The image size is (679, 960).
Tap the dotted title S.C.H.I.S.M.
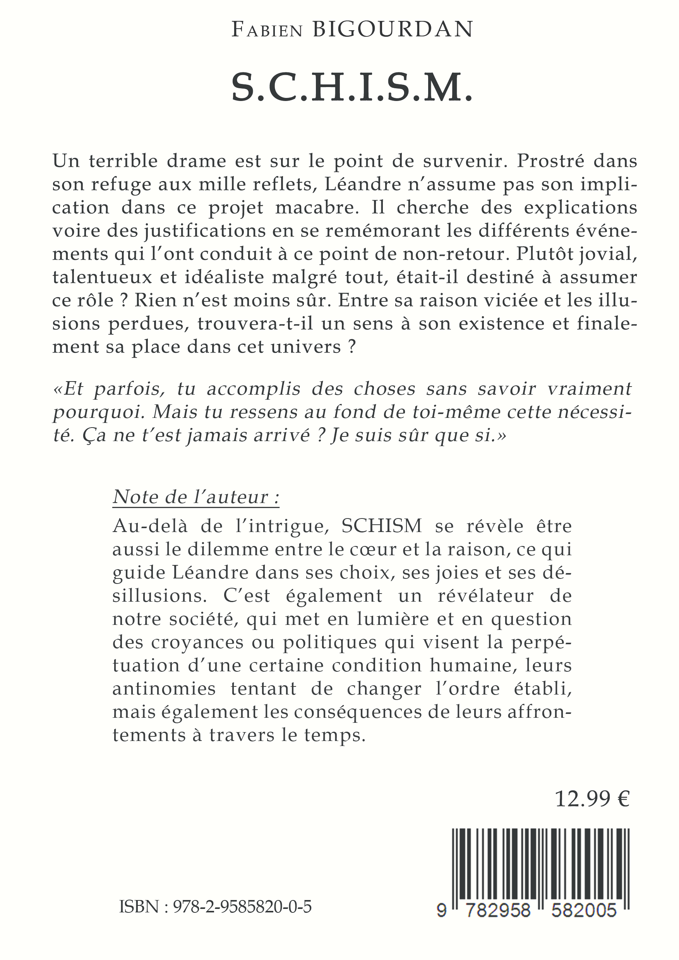pos(352,88)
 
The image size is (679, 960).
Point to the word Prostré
pos(550,161)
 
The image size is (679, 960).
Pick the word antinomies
pos(164,689)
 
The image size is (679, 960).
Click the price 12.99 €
pos(592,799)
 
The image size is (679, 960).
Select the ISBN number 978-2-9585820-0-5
pos(242,908)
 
